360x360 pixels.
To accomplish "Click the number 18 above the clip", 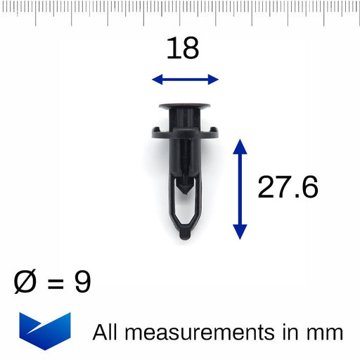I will point(183,49).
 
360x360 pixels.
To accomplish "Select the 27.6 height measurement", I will point(288,188).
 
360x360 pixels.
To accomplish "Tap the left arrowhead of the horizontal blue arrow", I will point(157,79).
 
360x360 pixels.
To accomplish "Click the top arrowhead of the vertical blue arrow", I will point(240,145).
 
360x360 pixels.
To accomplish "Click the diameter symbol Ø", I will point(26,283).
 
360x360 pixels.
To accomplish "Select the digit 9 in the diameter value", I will point(82,283).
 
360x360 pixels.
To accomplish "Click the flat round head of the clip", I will point(184,108).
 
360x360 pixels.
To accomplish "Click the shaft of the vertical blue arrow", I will point(240,188).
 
